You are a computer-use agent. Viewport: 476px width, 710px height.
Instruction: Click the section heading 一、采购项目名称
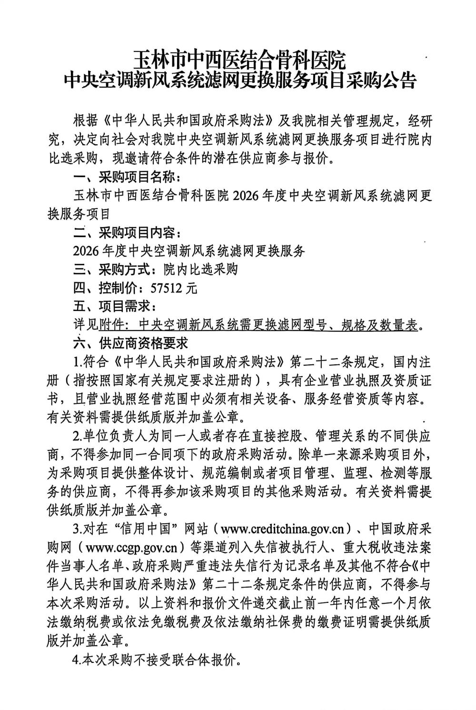127,178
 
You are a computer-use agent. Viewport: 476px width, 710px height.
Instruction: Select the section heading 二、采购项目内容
127,233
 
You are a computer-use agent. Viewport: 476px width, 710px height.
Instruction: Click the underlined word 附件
113,325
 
